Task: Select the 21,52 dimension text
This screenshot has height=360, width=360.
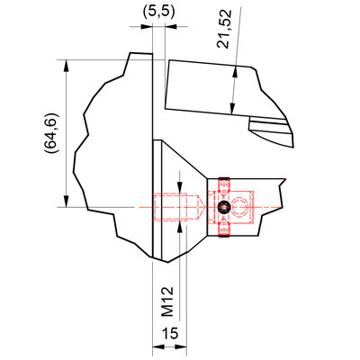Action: [224, 29]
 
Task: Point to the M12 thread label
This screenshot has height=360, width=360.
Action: [167, 301]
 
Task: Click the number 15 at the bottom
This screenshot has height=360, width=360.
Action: [170, 333]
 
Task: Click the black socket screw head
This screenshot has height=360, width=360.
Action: [224, 207]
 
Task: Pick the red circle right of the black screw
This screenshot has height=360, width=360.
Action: [239, 207]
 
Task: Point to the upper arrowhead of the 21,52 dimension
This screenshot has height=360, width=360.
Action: [236, 71]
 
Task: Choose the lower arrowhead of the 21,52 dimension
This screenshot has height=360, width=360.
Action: [232, 109]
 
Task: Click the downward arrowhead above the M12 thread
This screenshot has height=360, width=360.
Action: [179, 187]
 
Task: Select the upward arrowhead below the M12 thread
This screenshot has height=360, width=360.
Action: [179, 228]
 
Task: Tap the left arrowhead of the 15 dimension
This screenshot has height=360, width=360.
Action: [158, 346]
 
